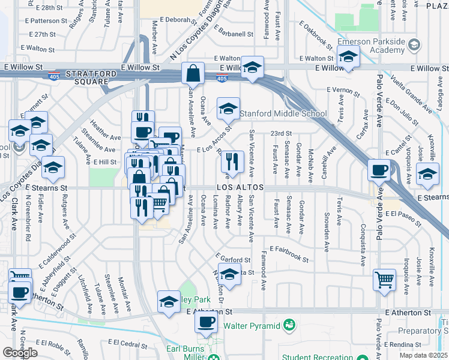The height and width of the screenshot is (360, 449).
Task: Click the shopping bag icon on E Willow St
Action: (x=194, y=74)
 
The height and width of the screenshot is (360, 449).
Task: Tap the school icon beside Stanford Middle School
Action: (x=228, y=109)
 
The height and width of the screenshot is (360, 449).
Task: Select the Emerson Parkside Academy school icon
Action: (x=348, y=58)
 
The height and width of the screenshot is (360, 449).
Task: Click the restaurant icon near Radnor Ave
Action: (x=232, y=161)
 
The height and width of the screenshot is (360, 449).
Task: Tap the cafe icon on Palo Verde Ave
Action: (x=379, y=171)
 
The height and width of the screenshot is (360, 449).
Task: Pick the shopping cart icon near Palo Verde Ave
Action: (x=384, y=278)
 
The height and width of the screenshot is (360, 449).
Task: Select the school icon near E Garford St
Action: (x=229, y=274)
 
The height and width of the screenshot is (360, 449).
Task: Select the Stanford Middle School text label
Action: (x=283, y=113)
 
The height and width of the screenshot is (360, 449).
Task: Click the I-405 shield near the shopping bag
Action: (x=221, y=78)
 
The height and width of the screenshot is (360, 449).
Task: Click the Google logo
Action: (x=20, y=353)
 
